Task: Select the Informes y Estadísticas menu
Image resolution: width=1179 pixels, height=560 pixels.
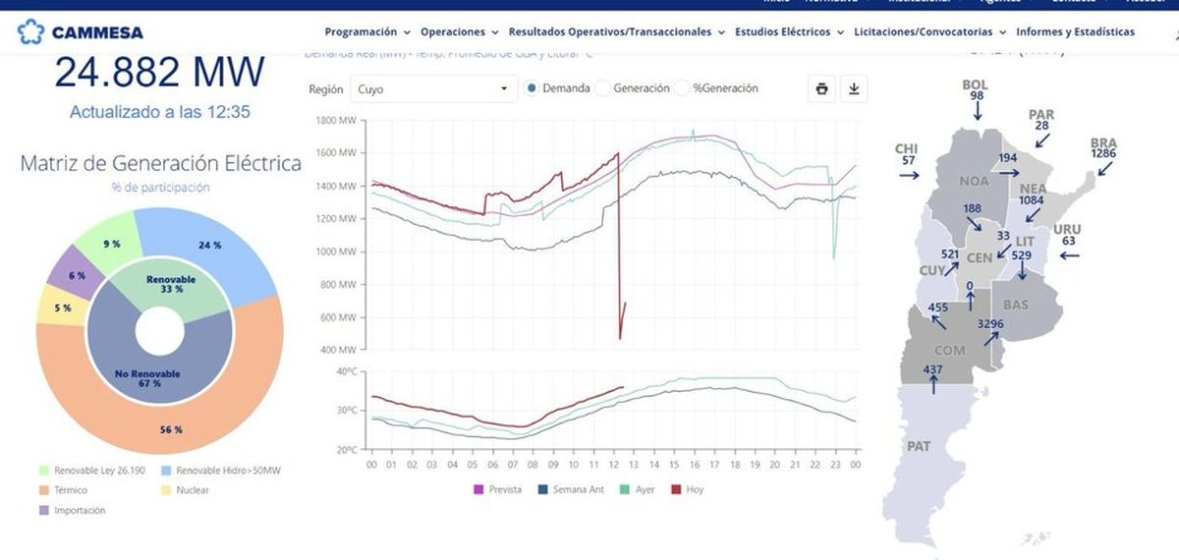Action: click(x=1075, y=32)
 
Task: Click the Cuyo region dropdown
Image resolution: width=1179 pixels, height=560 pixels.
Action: click(x=433, y=88)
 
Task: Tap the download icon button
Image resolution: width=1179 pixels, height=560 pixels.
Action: click(x=854, y=88)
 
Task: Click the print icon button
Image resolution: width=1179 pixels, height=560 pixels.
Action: click(x=821, y=88)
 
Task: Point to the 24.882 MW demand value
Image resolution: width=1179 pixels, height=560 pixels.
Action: click(x=159, y=72)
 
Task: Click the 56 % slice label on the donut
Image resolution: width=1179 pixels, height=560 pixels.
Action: click(x=171, y=429)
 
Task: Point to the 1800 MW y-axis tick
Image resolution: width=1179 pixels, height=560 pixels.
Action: click(x=340, y=121)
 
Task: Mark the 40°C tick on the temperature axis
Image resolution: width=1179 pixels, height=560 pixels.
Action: click(x=346, y=371)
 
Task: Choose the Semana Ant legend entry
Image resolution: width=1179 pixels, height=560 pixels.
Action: click(x=568, y=489)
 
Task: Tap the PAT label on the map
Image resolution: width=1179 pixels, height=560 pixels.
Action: click(x=919, y=446)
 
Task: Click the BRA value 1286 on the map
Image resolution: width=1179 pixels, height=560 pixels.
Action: click(x=1103, y=154)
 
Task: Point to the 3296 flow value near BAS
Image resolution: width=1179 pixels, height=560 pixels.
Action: click(x=990, y=323)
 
